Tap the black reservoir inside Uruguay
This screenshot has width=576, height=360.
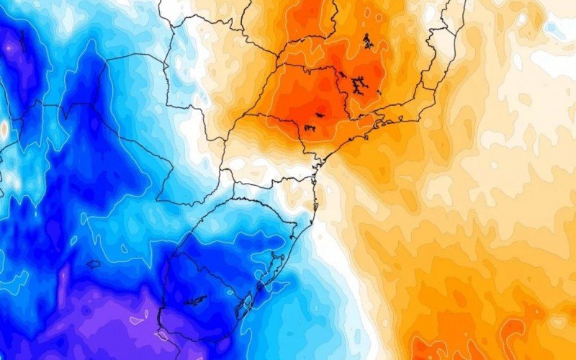(x=195, y=300)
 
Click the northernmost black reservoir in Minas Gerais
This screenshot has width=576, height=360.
(x=369, y=40)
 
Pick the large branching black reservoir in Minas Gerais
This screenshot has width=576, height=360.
(x=357, y=84)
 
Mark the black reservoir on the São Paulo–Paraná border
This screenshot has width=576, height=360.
(x=310, y=128)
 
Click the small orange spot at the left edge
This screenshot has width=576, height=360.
(x=4, y=129)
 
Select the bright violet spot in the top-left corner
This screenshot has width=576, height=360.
(x=9, y=47)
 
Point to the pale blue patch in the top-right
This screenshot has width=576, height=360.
(x=559, y=29)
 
